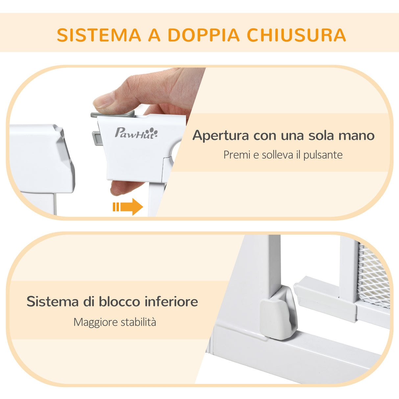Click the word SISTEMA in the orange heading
coord(99,35)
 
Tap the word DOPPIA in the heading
coord(204,35)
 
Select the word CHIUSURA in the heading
coord(296,35)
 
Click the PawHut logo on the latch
coord(136,133)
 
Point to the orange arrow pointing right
coord(129,207)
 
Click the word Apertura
coord(221,135)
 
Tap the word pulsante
coord(323,155)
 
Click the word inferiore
coord(171,301)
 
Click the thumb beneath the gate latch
coord(123,188)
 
